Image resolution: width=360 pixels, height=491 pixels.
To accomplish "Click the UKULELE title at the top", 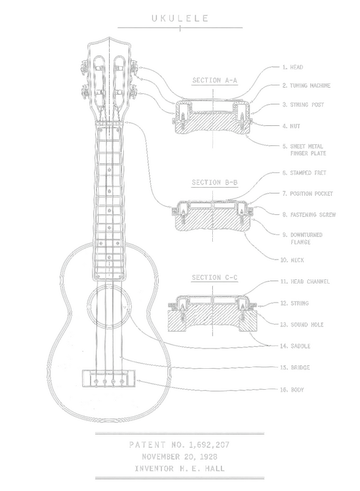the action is pyautogui.click(x=180, y=18).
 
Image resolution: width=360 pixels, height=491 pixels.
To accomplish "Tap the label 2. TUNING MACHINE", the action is pyautogui.click(x=306, y=85).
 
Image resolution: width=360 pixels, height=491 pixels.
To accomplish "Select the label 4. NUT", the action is pyautogui.click(x=291, y=126).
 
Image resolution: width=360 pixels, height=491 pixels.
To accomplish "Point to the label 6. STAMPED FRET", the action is pyautogui.click(x=304, y=173).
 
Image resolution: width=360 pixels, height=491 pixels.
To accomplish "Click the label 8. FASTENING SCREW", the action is pyautogui.click(x=309, y=214).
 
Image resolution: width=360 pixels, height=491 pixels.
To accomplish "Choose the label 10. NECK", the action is pyautogui.click(x=292, y=260).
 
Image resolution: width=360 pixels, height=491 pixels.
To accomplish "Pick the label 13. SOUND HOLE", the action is pyautogui.click(x=302, y=325).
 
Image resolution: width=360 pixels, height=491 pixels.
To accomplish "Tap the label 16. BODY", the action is pyautogui.click(x=292, y=390).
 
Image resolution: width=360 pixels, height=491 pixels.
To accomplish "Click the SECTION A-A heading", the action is pyautogui.click(x=215, y=80).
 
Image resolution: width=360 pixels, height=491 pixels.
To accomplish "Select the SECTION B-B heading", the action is pyautogui.click(x=215, y=182).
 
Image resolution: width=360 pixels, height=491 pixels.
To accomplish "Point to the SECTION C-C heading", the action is pyautogui.click(x=215, y=277).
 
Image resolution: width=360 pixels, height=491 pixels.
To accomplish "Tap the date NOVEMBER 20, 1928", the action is pyautogui.click(x=180, y=457).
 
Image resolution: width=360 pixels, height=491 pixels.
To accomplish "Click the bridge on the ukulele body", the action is pyautogui.click(x=109, y=378).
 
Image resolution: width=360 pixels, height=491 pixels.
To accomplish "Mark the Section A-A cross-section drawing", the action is pyautogui.click(x=213, y=117).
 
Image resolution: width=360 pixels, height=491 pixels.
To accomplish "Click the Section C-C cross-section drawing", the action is pyautogui.click(x=213, y=313).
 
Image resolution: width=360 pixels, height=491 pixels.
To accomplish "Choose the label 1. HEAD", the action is pyautogui.click(x=293, y=67).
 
